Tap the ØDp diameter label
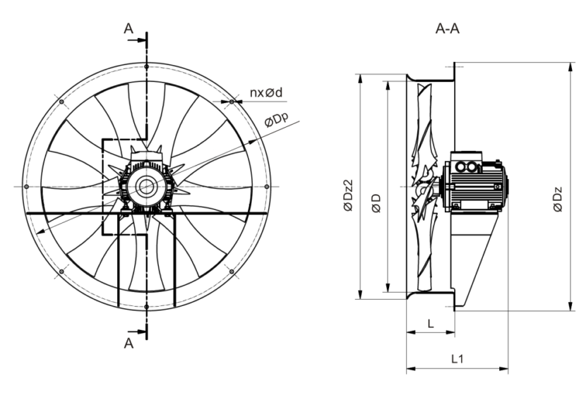pos(277,123)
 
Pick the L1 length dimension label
pos(458,358)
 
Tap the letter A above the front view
pos(128,29)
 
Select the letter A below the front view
pos(128,343)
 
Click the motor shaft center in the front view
pos(146,186)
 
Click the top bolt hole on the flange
pos(146,66)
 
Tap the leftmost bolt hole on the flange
pos(25,186)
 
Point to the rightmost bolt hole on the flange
pos(266,186)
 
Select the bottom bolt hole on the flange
pos(146,307)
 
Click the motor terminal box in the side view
pos(466,167)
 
